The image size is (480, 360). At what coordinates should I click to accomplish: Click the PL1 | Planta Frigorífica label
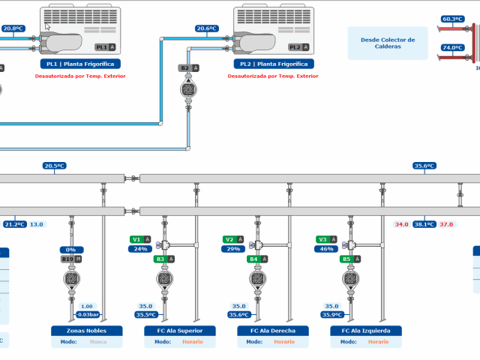tap(80, 64)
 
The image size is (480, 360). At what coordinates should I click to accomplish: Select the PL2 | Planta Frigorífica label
tap(274, 64)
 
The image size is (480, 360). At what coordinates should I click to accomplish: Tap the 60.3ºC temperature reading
tap(452, 19)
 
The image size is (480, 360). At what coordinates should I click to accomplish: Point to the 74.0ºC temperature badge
tap(452, 47)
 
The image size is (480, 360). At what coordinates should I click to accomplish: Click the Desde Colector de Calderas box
tap(388, 43)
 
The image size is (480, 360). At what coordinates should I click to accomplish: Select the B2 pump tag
tap(188, 68)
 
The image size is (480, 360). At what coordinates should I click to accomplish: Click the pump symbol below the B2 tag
tap(188, 89)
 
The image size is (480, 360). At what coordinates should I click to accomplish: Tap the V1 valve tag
tap(140, 239)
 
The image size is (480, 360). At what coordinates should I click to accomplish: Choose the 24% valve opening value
tap(140, 249)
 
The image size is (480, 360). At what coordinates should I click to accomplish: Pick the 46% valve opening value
tap(326, 249)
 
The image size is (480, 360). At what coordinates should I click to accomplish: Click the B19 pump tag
tap(71, 259)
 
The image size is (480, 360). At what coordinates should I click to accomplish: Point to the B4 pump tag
tap(257, 259)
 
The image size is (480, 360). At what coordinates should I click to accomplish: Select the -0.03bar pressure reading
tap(88, 315)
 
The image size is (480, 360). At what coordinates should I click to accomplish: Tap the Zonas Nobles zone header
tap(87, 331)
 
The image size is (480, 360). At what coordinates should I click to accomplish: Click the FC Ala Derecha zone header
tap(273, 331)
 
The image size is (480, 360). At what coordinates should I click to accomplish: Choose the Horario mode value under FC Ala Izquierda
tap(378, 342)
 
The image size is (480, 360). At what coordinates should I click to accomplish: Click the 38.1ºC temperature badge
tap(424, 224)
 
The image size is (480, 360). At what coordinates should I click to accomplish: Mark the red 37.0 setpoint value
tap(446, 224)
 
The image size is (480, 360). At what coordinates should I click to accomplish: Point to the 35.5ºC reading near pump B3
tap(146, 315)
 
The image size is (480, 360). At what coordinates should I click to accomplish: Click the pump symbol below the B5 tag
tap(350, 279)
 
